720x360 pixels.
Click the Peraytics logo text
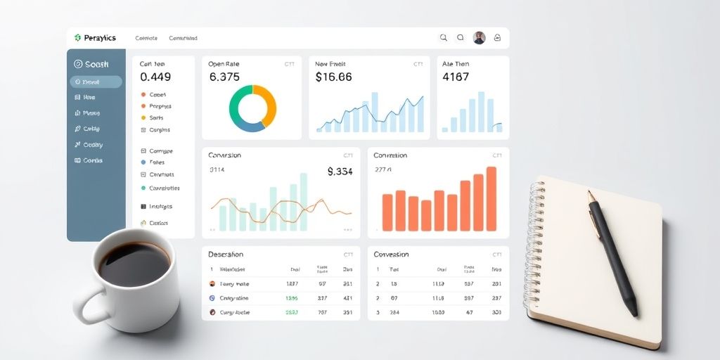point(99,38)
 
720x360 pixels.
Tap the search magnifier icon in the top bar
point(444,38)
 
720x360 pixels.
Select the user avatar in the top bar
point(480,38)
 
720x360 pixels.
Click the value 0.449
point(155,77)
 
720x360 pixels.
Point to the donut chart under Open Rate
point(252,108)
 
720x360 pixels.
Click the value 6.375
point(225,77)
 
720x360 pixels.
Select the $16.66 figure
point(333,77)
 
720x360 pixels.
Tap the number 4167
point(456,77)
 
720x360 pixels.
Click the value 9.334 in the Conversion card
point(340,171)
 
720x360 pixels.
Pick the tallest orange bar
point(491,199)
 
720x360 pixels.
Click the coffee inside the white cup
point(134,264)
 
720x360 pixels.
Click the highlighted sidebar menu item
point(96,82)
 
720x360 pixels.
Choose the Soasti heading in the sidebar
point(92,64)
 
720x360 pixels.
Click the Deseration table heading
point(226,255)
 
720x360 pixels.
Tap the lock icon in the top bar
point(498,38)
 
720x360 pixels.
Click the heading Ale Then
point(456,64)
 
